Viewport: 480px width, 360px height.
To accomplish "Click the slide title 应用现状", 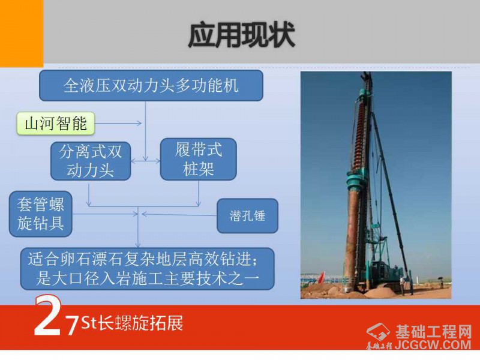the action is (x=242, y=35).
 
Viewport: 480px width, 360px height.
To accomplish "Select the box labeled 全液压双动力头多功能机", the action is (x=151, y=85).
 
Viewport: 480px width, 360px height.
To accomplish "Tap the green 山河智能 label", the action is (x=56, y=124).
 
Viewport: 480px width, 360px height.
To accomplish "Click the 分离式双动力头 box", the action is (x=91, y=161).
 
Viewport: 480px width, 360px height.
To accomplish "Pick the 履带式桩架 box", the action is (x=199, y=159).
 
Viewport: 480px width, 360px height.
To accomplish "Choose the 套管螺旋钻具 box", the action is (x=41, y=214).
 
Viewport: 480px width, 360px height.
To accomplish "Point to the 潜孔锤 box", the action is (x=247, y=216).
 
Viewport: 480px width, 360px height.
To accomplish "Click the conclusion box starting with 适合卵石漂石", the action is (x=147, y=269).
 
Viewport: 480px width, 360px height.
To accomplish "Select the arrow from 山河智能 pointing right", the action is (x=118, y=123).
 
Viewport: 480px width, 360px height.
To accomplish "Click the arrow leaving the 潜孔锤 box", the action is (x=179, y=215).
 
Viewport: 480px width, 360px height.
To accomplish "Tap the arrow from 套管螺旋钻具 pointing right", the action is (x=105, y=214).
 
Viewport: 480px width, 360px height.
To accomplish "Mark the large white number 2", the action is (x=47, y=316).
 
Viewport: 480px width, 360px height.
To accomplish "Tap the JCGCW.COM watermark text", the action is (x=433, y=344).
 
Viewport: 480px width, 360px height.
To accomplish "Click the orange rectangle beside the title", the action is (x=22, y=34).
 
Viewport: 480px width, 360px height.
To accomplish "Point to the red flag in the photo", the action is (x=321, y=277).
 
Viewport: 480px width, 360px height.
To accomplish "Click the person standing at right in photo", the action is (x=441, y=283).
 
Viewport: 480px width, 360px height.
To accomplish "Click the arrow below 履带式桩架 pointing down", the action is (x=199, y=193).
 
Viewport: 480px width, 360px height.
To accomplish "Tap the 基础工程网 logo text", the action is (x=433, y=332).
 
